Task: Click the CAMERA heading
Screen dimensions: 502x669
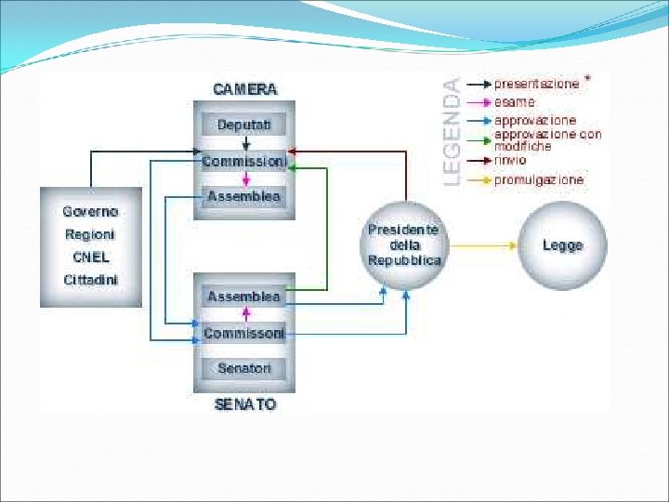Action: pyautogui.click(x=244, y=89)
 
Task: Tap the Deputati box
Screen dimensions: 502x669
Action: pyautogui.click(x=244, y=125)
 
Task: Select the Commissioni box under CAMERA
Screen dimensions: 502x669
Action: pyautogui.click(x=244, y=161)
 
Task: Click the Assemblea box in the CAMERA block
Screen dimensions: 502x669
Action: pyautogui.click(x=244, y=196)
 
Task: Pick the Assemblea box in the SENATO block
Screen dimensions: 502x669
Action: pyautogui.click(x=244, y=297)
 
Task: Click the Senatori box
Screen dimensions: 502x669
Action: pyautogui.click(x=244, y=369)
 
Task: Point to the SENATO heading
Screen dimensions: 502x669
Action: pyautogui.click(x=244, y=405)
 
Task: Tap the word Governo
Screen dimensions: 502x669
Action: pyautogui.click(x=90, y=212)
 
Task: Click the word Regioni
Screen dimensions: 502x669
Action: pyautogui.click(x=90, y=234)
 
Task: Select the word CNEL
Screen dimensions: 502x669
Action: pyautogui.click(x=90, y=257)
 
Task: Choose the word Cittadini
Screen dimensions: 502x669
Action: pyautogui.click(x=90, y=279)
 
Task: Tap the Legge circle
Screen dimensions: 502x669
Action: pyautogui.click(x=562, y=245)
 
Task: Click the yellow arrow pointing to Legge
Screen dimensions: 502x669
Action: pyautogui.click(x=483, y=245)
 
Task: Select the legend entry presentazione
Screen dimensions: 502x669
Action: pyautogui.click(x=536, y=84)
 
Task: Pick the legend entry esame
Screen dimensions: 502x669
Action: pyautogui.click(x=515, y=102)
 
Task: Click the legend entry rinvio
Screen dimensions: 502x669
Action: pyautogui.click(x=510, y=160)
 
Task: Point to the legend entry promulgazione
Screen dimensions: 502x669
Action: pyautogui.click(x=539, y=179)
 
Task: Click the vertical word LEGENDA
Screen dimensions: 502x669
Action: pyautogui.click(x=451, y=131)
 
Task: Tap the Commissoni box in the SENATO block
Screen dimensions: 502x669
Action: pyautogui.click(x=244, y=333)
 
